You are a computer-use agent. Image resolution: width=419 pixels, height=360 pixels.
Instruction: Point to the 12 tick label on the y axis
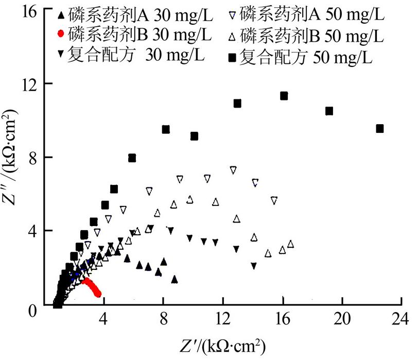click(31, 83)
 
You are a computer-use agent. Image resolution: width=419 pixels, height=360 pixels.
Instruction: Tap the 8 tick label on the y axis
click(35, 157)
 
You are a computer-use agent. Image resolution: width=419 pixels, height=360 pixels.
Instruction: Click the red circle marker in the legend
click(61, 34)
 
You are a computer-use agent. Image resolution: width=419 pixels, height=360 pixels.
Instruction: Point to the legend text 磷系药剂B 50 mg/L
click(312, 37)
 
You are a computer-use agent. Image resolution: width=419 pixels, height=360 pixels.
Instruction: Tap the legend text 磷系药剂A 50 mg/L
click(312, 15)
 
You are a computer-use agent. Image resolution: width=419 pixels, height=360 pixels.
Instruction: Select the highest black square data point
click(284, 96)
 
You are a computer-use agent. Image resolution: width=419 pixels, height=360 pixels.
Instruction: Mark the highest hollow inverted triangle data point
click(233, 169)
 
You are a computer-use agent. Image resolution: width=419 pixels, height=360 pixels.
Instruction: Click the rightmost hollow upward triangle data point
click(291, 244)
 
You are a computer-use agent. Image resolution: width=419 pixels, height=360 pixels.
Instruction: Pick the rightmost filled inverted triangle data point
click(254, 266)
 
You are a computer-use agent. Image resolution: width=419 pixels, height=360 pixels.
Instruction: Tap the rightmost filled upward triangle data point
click(174, 279)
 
